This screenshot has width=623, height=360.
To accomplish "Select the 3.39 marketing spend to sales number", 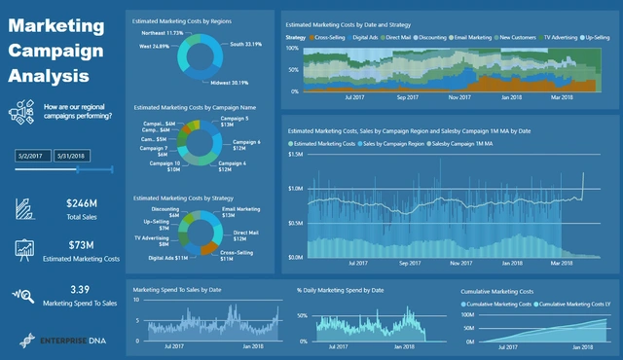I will pos(81,289).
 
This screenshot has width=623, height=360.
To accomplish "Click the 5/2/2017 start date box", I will pos(33,155).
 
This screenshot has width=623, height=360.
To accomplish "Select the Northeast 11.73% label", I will pos(161,33).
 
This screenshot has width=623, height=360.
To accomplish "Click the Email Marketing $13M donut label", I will pos(241,211).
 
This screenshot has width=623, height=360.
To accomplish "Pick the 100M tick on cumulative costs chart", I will pos(467,314).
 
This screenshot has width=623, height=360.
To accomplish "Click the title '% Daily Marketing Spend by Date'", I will pos(341,290).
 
